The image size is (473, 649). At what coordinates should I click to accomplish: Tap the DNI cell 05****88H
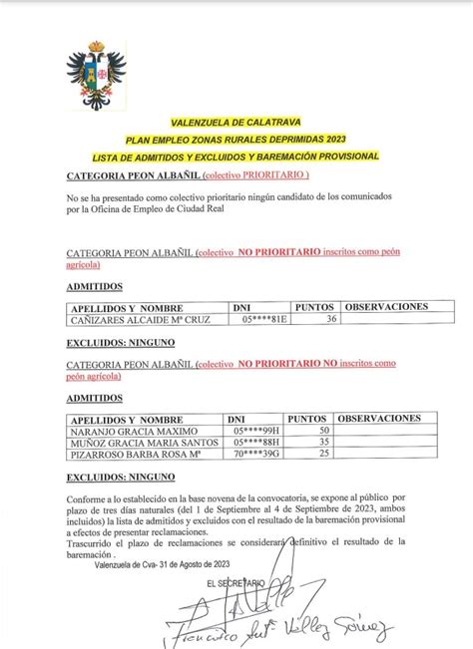click(x=256, y=441)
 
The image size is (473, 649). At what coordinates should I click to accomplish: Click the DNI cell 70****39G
click(x=256, y=454)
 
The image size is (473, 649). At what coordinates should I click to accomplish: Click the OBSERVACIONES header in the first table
click(x=386, y=306)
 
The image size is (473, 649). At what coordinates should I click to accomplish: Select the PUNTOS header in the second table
click(x=307, y=417)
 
